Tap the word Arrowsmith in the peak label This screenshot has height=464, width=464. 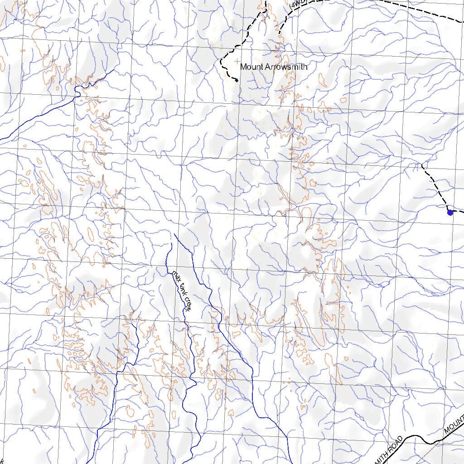point(286,67)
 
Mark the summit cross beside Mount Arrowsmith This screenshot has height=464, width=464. point(237,61)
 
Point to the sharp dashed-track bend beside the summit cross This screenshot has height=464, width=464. point(221,61)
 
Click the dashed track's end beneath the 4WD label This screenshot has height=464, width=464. point(279,34)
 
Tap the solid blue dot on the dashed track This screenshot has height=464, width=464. point(450,212)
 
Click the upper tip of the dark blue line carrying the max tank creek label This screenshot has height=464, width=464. point(172,244)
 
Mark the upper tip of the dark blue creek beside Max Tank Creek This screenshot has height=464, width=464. point(175,234)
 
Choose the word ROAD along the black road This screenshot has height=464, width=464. point(395,445)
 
